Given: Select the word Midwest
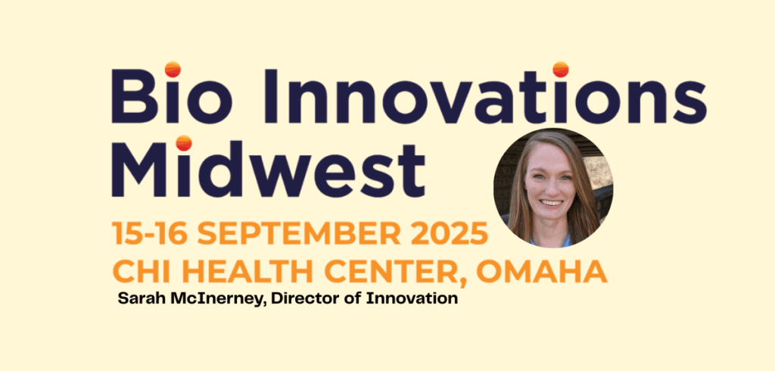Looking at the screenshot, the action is click(x=269, y=167).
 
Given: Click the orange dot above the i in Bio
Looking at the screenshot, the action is click(x=173, y=69).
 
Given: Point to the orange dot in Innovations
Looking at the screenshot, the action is click(x=561, y=69).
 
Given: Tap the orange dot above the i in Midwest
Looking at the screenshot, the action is click(x=184, y=143).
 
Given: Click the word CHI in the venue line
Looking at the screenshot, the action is click(x=140, y=271).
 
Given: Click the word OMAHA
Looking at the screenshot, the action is click(x=542, y=271).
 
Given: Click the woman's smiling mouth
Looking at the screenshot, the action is click(x=551, y=202).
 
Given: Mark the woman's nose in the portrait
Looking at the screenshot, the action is click(x=551, y=188).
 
